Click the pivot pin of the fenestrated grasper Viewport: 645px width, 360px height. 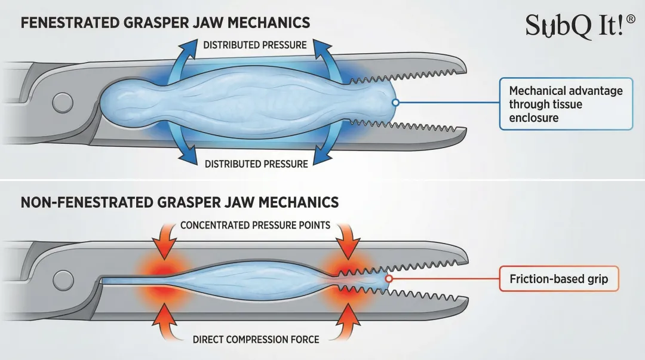pos(62,103)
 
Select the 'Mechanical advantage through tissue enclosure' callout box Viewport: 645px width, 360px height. pos(566,104)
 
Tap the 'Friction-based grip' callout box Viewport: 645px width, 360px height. pos(558,279)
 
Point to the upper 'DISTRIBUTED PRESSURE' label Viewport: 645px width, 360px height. pos(255,45)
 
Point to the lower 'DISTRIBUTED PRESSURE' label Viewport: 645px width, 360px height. pos(256,164)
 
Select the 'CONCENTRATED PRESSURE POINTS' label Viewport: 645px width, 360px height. pos(255,226)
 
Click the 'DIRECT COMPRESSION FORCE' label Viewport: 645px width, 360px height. pos(256,339)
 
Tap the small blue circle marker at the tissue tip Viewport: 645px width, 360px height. pos(395,103)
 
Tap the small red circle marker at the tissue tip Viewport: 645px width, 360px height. pos(389,279)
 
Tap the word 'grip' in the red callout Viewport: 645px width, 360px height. pos(597,279)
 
